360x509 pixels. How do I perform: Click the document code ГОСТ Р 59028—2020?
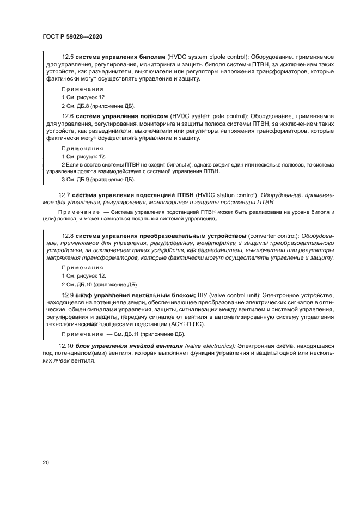pos(72,36)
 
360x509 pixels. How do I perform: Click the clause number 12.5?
pos(69,57)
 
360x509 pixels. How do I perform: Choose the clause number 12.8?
pos(69,235)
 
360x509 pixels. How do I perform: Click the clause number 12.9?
pos(69,295)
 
